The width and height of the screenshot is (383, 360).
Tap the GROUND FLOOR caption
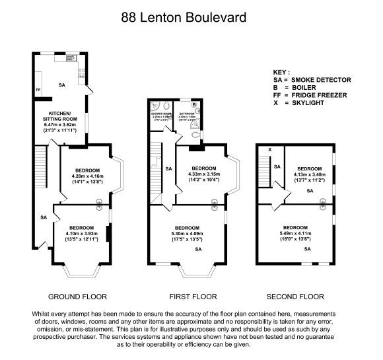point(77,296)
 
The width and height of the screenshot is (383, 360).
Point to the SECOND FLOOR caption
point(296,296)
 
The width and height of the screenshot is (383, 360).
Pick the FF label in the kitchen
point(38,90)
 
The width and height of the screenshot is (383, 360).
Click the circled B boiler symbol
point(195,105)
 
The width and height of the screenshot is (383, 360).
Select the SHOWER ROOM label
point(161,114)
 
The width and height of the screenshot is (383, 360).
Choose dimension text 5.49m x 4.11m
point(295,233)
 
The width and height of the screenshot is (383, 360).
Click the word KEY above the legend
point(281,71)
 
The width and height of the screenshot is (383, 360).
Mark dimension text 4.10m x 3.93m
point(82,233)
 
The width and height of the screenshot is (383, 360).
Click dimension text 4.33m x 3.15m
point(203,174)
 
